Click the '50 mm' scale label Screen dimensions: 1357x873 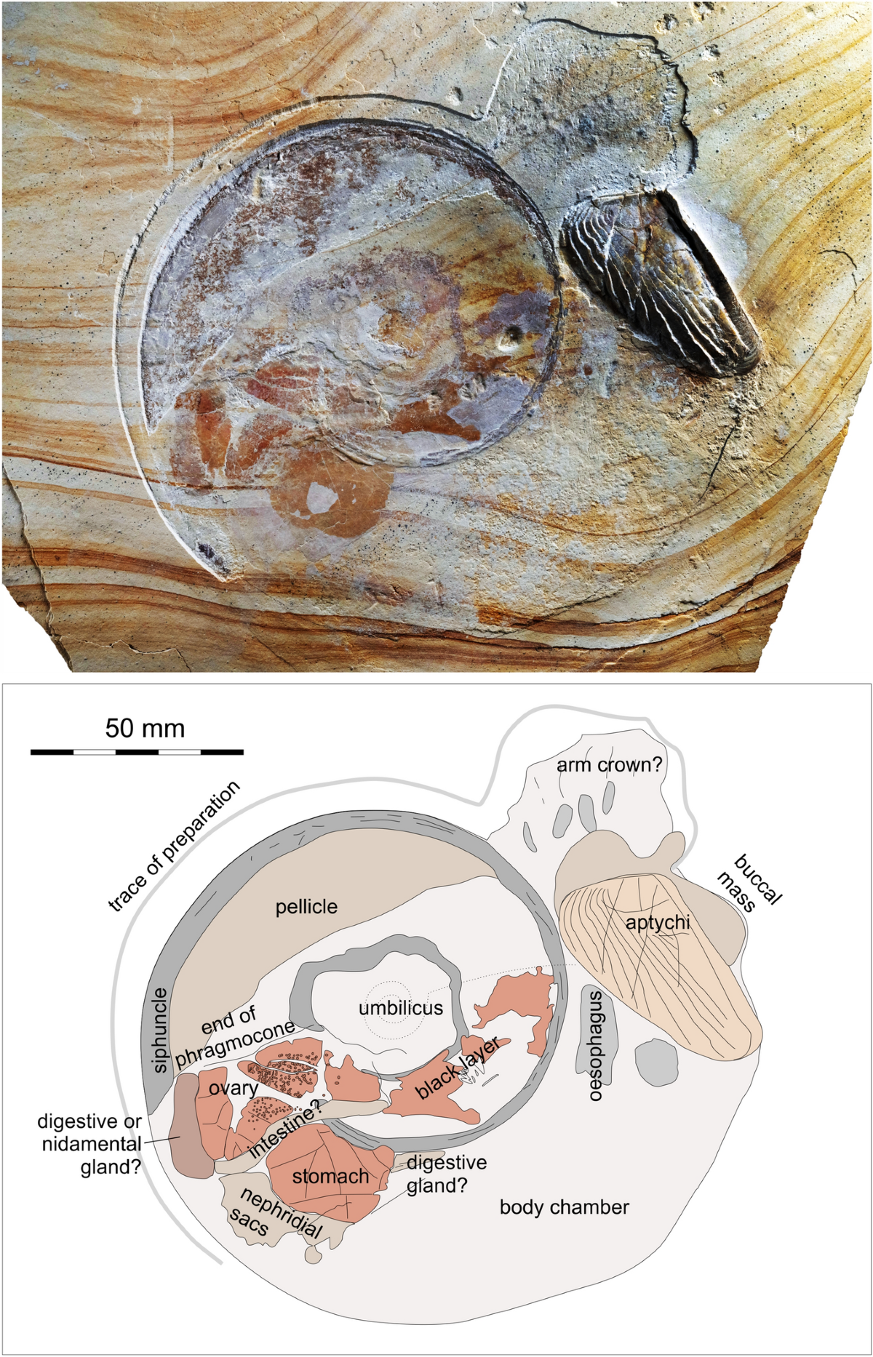(145, 729)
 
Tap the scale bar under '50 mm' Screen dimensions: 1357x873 (137, 751)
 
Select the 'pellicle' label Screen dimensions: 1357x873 (306, 907)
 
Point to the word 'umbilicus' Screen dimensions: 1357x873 (400, 1008)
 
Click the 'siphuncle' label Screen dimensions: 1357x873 (160, 1030)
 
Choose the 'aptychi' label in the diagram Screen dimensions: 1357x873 (658, 922)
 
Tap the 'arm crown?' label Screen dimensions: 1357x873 (609, 765)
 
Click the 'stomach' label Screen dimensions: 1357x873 (330, 1176)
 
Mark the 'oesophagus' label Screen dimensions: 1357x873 (596, 1045)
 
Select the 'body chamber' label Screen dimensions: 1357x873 (564, 1207)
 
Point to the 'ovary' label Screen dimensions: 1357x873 (233, 1089)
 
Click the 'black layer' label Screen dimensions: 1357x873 (457, 1068)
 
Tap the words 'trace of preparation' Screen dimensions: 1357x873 (174, 846)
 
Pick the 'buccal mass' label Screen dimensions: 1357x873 (749, 882)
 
